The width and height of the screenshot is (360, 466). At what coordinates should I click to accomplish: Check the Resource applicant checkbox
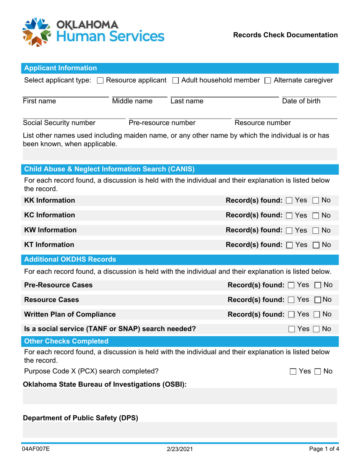[x=100, y=80]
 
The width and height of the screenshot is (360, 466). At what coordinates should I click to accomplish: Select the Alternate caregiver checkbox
[x=268, y=80]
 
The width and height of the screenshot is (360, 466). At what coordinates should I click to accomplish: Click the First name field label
[x=39, y=101]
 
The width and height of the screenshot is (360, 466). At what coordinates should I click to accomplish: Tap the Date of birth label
[x=301, y=101]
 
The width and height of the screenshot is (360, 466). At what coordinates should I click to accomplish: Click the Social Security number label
[x=59, y=123]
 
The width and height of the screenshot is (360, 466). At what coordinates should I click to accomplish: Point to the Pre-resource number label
[x=162, y=123]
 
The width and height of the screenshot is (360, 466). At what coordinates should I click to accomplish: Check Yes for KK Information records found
[x=289, y=200]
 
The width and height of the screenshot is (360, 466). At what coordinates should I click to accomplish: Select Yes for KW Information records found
[x=289, y=230]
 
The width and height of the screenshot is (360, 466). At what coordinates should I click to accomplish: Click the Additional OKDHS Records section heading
[x=70, y=260]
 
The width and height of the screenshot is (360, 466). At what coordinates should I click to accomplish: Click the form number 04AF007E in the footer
[x=36, y=449]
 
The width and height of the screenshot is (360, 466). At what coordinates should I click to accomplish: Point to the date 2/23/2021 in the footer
[x=180, y=449]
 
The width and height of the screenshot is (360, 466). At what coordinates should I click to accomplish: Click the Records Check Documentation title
[x=285, y=35]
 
